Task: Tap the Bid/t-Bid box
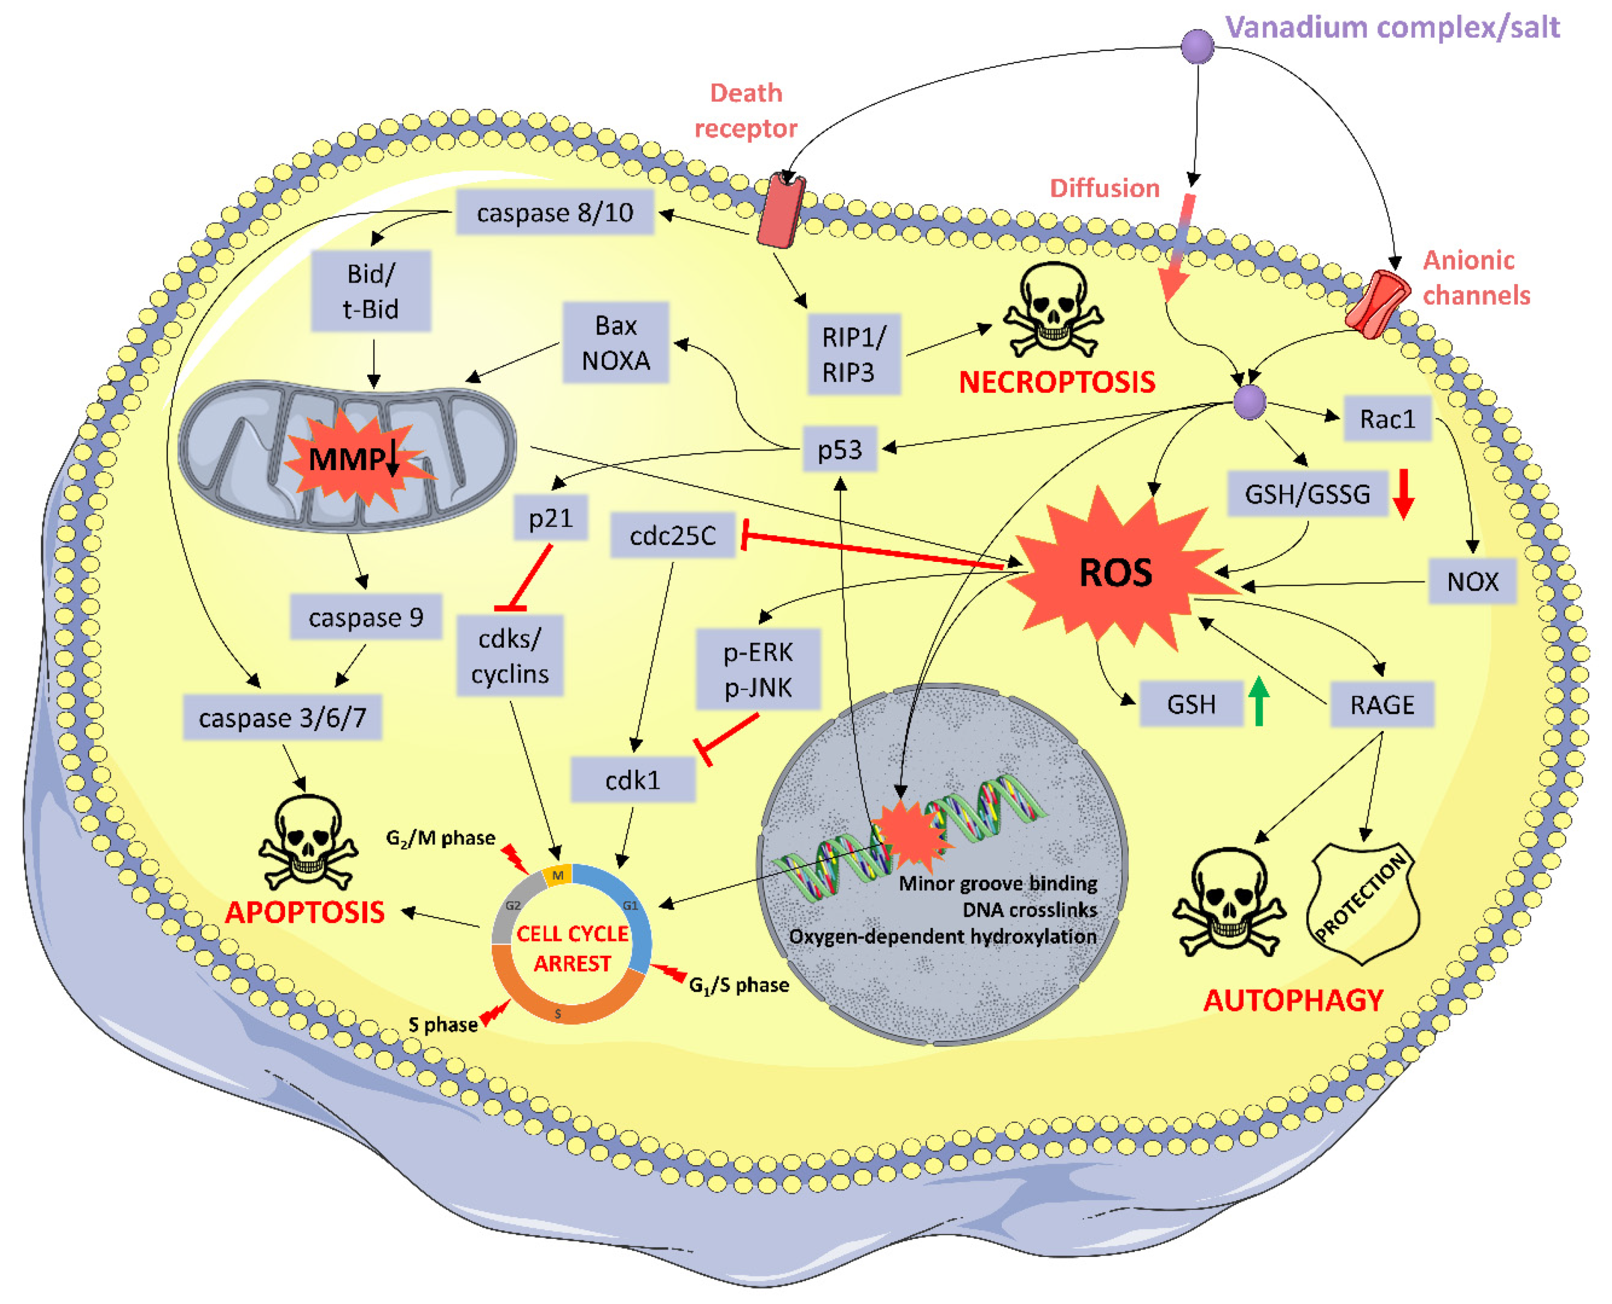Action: pos(370,291)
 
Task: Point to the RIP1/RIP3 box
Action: pos(854,355)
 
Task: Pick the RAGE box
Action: pos(1382,704)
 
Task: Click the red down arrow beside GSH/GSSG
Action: pos(1403,494)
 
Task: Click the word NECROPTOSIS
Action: pos(1056,382)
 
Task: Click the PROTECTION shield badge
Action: pos(1363,901)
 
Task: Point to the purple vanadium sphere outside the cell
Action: pos(1197,46)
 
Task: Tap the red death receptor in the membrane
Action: pos(781,211)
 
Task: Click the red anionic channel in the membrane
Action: pos(1377,304)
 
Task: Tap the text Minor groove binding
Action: pos(998,884)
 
